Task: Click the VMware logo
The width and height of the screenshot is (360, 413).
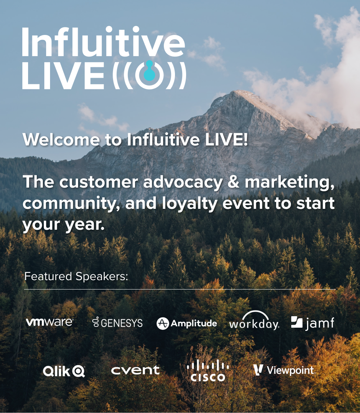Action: (x=50, y=322)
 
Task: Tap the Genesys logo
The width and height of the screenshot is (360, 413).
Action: (x=117, y=323)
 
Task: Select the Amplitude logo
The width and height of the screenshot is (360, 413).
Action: (x=187, y=323)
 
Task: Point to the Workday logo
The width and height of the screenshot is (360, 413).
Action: (x=254, y=322)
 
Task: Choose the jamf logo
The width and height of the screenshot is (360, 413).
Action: (x=312, y=323)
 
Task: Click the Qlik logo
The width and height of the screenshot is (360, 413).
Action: (x=64, y=371)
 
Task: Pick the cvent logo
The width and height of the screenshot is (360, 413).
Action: (x=135, y=370)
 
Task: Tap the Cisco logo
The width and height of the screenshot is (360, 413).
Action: (x=208, y=372)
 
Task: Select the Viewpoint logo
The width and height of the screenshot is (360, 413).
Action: (x=283, y=370)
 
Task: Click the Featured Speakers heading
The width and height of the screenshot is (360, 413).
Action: (x=76, y=277)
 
